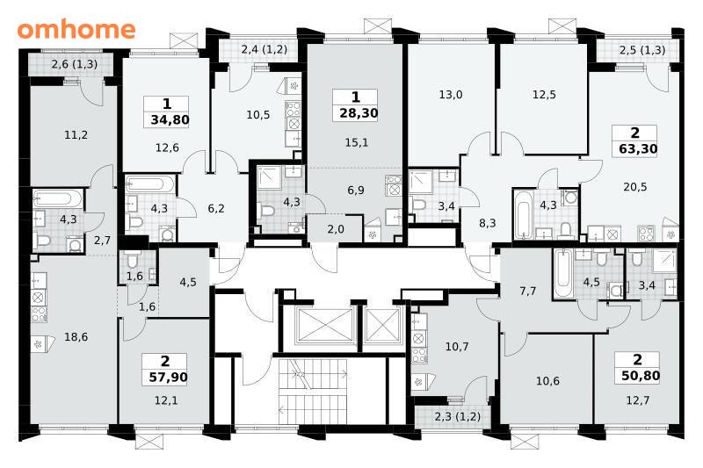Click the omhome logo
[76, 29]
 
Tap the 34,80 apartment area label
[170, 120]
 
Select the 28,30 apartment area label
[359, 113]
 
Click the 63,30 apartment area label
[638, 148]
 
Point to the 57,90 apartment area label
[168, 377]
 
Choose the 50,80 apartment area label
[641, 375]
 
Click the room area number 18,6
[76, 337]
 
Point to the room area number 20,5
[634, 187]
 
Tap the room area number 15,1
[357, 142]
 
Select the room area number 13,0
[451, 95]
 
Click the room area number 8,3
[488, 222]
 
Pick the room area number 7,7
[528, 292]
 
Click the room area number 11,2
[76, 134]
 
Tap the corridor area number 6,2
[216, 208]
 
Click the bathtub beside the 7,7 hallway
[562, 273]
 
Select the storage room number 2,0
[336, 229]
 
